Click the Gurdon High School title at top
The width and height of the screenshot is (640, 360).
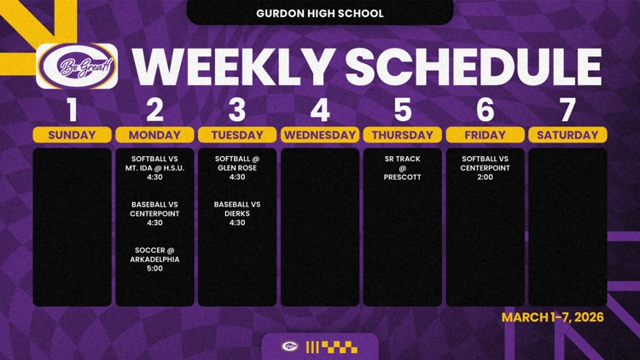pyautogui.click(x=320, y=14)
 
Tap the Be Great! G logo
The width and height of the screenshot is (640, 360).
pyautogui.click(x=77, y=67)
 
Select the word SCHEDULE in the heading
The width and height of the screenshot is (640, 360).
pyautogui.click(x=474, y=67)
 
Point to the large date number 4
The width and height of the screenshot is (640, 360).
pyautogui.click(x=320, y=110)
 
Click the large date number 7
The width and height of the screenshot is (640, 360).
pyautogui.click(x=567, y=110)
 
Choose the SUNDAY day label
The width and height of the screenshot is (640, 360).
pyautogui.click(x=72, y=135)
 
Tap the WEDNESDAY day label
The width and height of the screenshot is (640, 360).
pyautogui.click(x=320, y=135)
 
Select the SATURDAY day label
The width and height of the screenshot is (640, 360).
pyautogui.click(x=567, y=135)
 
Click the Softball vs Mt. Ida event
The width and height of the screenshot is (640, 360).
pyautogui.click(x=154, y=168)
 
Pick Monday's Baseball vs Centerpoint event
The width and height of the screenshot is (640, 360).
pyautogui.click(x=154, y=213)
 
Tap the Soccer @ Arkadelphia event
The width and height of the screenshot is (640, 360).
pyautogui.click(x=154, y=259)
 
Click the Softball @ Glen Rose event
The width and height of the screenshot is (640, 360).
pyautogui.click(x=237, y=168)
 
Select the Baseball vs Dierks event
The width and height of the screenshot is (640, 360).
pyautogui.click(x=237, y=213)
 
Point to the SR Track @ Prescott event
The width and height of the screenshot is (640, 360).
pyautogui.click(x=403, y=168)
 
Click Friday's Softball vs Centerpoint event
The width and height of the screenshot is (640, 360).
pyautogui.click(x=486, y=168)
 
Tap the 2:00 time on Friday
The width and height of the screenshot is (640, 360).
pyautogui.click(x=486, y=177)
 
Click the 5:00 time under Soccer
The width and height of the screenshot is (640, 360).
pyautogui.click(x=154, y=269)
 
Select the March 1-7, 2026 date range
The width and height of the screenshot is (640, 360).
pyautogui.click(x=553, y=317)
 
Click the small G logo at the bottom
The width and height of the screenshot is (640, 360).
pyautogui.click(x=290, y=347)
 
